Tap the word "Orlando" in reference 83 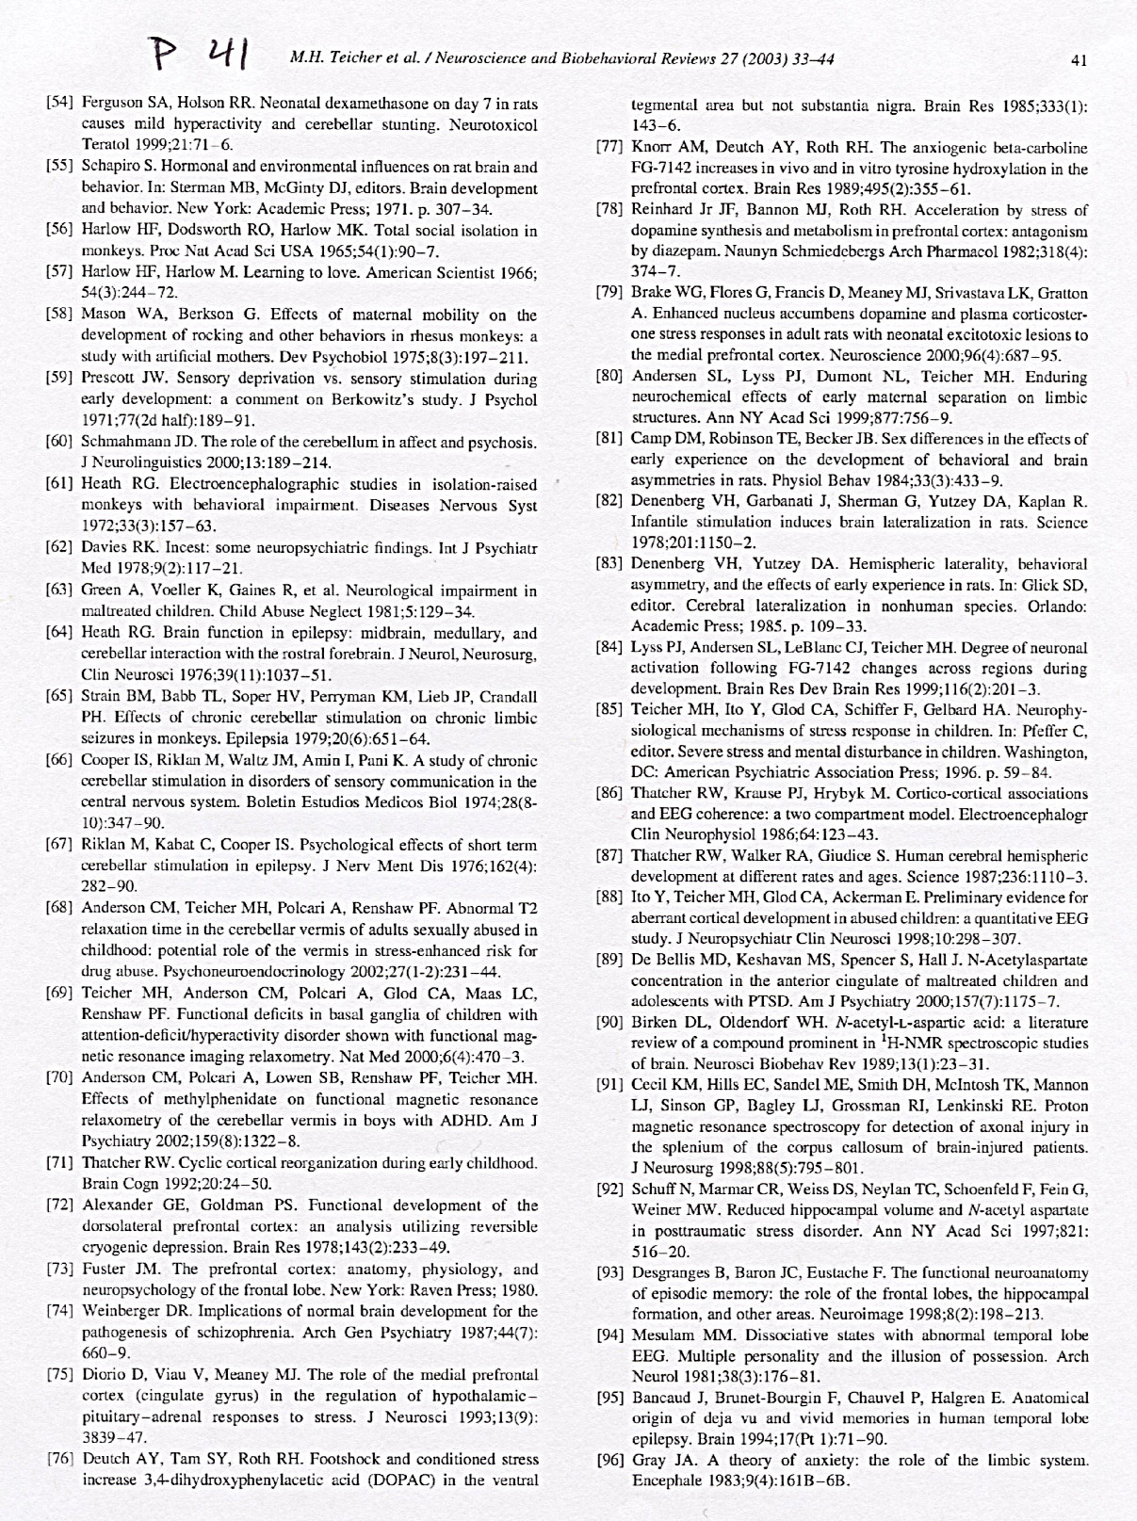pyautogui.click(x=1051, y=606)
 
